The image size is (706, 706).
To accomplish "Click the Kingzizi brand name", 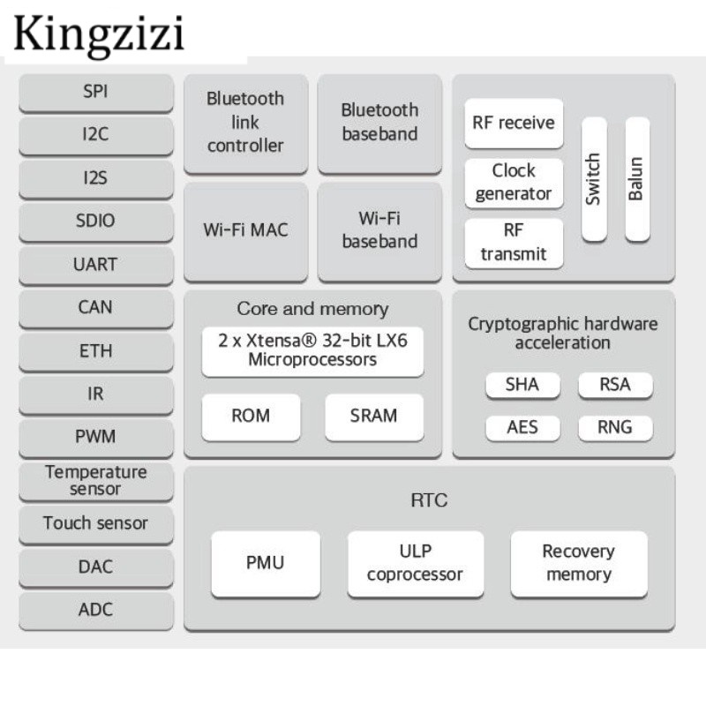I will click(99, 33).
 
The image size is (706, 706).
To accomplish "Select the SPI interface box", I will click(95, 92).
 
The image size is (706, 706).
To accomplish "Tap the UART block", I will click(95, 264).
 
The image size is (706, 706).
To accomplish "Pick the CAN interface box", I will click(95, 307).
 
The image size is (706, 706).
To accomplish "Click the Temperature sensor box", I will click(95, 480).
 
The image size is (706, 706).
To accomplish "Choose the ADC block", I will click(95, 609).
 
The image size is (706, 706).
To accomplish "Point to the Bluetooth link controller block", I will click(245, 123).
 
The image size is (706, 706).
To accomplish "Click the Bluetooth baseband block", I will click(379, 123).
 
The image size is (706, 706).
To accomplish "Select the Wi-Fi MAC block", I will click(245, 230).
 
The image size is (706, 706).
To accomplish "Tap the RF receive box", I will click(514, 123).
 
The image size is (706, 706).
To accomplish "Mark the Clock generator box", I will click(514, 183).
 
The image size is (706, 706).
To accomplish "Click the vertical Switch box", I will click(593, 179).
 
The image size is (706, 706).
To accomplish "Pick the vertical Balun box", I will click(636, 179).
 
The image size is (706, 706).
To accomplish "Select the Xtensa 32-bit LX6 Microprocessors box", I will click(312, 349).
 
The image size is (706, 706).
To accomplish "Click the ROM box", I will click(251, 416).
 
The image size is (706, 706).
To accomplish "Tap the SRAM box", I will click(373, 416).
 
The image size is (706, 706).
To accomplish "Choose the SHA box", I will click(522, 385).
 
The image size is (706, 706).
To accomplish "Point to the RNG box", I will click(615, 427).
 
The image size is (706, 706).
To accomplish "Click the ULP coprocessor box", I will click(415, 563).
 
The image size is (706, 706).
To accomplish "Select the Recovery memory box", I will click(578, 563).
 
